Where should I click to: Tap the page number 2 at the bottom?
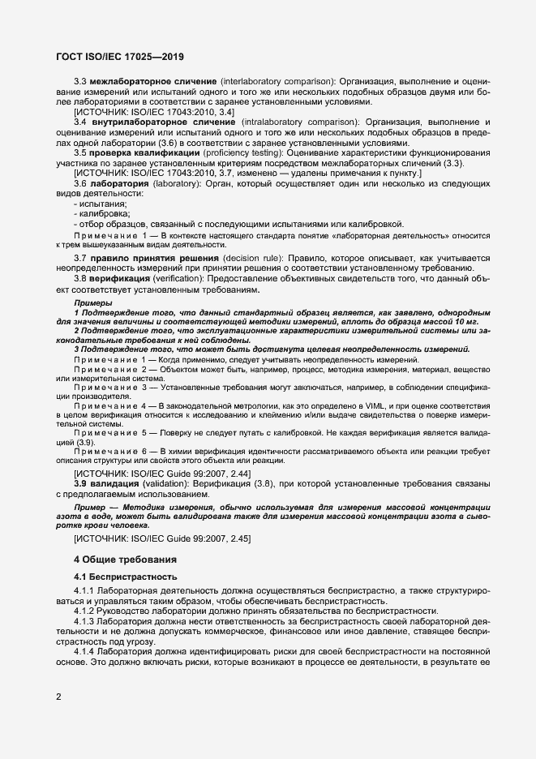pyautogui.click(x=58, y=696)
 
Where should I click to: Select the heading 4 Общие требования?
pyautogui.click(x=125, y=559)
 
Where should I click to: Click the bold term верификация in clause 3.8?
pyautogui.click(x=125, y=278)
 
